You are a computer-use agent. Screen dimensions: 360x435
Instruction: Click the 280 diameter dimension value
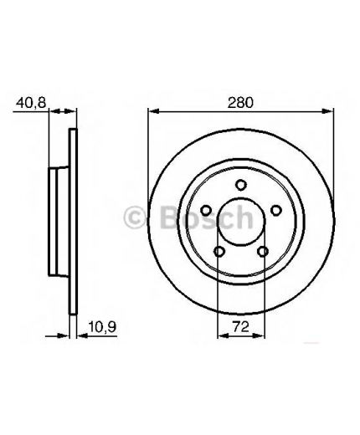click(240, 102)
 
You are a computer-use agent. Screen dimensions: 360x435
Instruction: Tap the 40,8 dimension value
click(31, 102)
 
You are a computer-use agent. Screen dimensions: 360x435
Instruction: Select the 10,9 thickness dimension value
click(102, 327)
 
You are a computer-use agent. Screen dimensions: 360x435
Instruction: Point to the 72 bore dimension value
click(241, 327)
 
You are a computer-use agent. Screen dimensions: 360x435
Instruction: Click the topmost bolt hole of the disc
click(240, 185)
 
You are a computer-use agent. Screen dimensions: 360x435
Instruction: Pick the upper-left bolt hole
click(206, 210)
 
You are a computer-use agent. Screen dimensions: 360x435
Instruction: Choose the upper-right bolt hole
click(275, 210)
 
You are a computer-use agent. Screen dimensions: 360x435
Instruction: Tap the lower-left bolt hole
click(219, 252)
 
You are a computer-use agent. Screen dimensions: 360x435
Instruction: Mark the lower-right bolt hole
click(263, 252)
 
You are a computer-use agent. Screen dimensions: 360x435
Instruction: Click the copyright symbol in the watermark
click(135, 217)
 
